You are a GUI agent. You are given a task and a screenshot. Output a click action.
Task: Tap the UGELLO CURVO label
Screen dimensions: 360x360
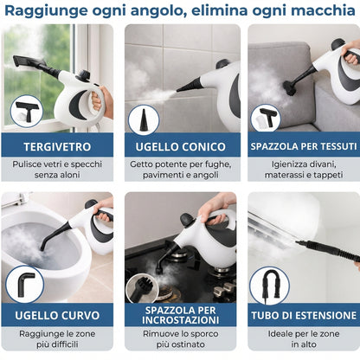[59, 315]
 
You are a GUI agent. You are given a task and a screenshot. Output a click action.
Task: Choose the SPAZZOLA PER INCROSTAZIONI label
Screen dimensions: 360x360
[180, 315]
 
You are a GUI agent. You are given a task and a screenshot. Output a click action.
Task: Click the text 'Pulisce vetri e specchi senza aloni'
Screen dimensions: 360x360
[59, 170]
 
